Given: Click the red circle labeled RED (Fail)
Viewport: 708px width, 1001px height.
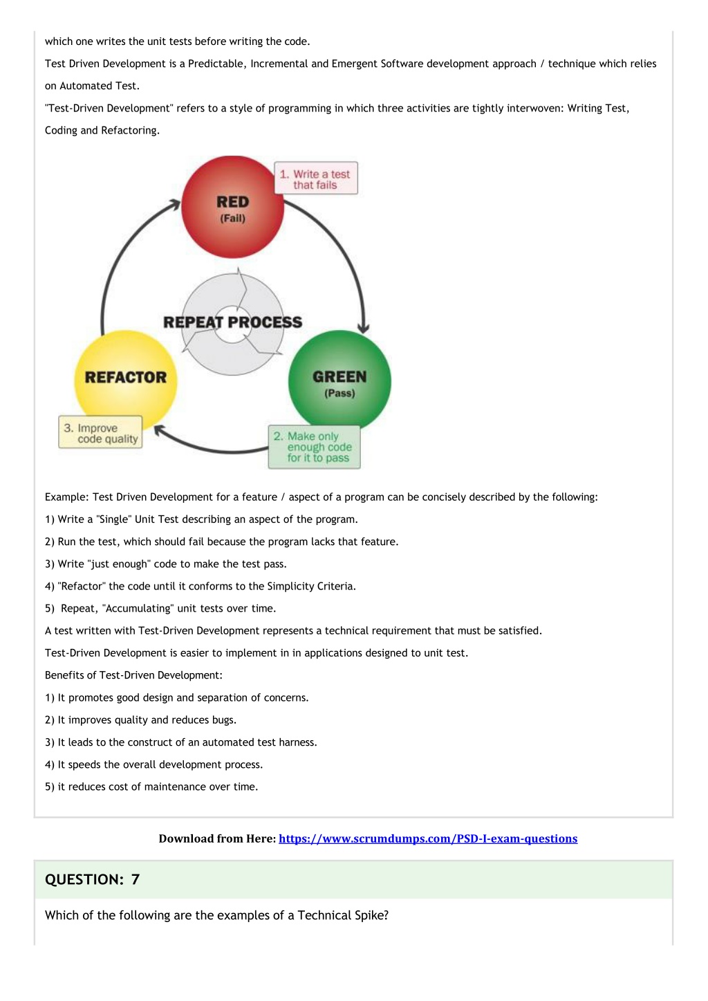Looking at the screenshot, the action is pyautogui.click(x=232, y=207).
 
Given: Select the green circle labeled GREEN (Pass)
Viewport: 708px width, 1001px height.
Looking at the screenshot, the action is pyautogui.click(x=339, y=381).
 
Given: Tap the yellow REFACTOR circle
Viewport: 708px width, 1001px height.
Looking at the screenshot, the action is pyautogui.click(x=126, y=381).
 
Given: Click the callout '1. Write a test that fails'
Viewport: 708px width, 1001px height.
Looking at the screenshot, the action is pyautogui.click(x=316, y=178).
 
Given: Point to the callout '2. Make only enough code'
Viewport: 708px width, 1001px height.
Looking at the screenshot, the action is pyautogui.click(x=314, y=447).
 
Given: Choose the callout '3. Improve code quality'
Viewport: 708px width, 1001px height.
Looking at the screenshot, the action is pyautogui.click(x=100, y=432).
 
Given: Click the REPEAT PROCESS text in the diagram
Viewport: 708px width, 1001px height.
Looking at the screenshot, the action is pyautogui.click(x=232, y=322).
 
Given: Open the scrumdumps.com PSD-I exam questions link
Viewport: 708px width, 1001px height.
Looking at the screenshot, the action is pyautogui.click(x=428, y=839).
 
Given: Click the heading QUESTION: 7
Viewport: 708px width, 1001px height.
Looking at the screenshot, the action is pyautogui.click(x=93, y=879).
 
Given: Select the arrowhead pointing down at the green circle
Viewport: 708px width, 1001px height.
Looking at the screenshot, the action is pyautogui.click(x=364, y=329).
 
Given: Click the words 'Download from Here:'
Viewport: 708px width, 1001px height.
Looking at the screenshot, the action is pyautogui.click(x=218, y=839).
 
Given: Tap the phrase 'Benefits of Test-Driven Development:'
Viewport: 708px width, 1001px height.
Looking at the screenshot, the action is pyautogui.click(x=133, y=675).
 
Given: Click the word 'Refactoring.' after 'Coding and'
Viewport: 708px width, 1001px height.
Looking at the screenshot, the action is pyautogui.click(x=130, y=131).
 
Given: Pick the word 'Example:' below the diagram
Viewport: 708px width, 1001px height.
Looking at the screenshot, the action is pyautogui.click(x=67, y=497).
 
